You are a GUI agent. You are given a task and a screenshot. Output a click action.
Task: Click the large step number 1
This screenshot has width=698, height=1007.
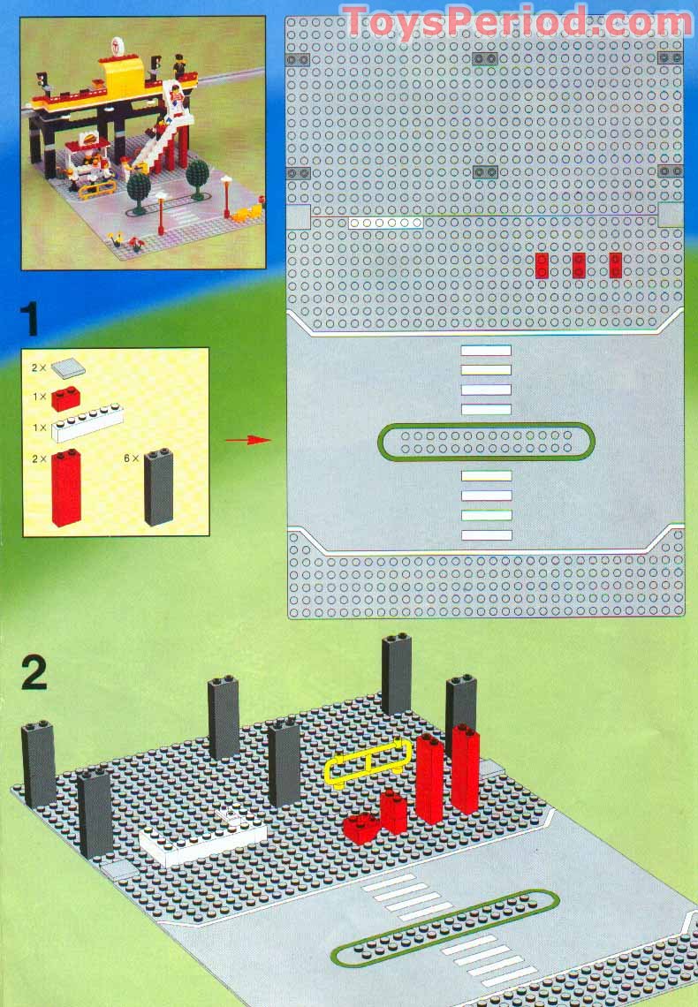[x=32, y=319]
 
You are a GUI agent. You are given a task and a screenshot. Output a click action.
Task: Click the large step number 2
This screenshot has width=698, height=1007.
[x=34, y=674]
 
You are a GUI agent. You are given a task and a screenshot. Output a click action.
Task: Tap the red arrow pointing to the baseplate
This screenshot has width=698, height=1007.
[x=247, y=439]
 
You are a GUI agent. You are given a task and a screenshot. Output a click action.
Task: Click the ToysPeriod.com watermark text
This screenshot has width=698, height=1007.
[x=517, y=20]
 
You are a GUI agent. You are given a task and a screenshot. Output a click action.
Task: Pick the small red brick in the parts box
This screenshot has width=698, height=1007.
[x=66, y=398]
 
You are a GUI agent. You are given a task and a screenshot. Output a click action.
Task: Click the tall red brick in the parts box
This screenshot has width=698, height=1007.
[x=66, y=487]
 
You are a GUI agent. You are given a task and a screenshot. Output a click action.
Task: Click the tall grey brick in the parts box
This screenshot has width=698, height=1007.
[x=159, y=487]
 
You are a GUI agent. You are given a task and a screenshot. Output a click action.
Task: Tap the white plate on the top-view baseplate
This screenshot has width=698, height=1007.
[x=385, y=223]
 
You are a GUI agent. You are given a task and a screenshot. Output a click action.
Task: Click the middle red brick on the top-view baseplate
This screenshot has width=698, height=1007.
[x=579, y=265]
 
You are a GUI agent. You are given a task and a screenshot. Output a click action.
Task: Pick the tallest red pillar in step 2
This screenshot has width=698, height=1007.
[x=465, y=768]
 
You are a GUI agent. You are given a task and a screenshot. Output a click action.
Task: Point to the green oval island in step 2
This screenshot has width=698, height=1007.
[x=446, y=927]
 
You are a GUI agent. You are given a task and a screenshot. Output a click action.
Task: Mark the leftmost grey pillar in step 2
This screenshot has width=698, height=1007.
[x=39, y=763]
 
